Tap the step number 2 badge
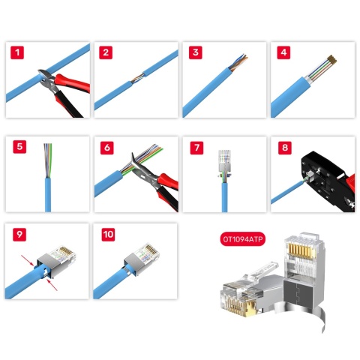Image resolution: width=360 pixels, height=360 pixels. pyautogui.click(x=106, y=53)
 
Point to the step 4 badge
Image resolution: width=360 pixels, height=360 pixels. pyautogui.click(x=284, y=53)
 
